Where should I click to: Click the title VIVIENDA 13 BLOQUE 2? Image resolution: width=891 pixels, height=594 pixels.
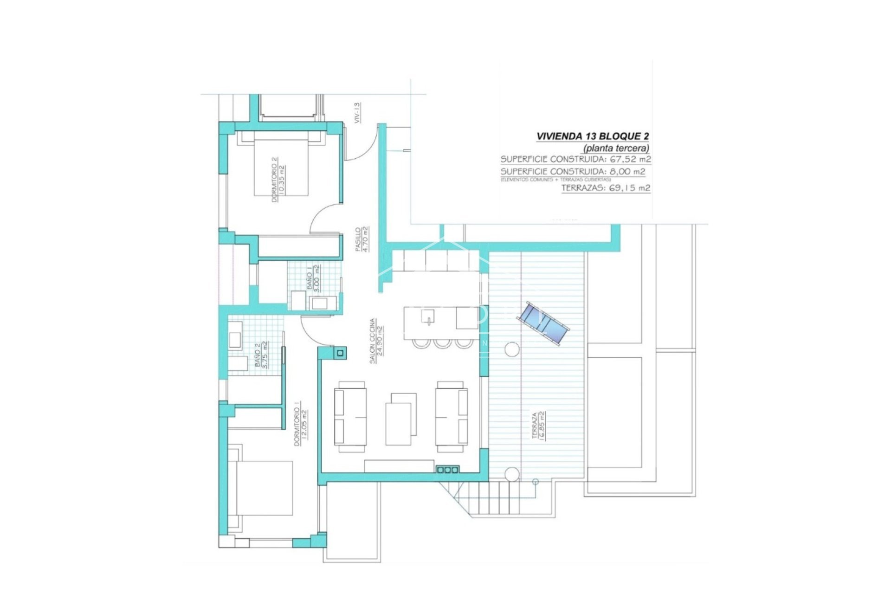[x=593, y=136]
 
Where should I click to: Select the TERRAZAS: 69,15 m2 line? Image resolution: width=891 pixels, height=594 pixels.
[x=606, y=188]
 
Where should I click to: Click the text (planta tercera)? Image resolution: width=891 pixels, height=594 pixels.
[x=616, y=148]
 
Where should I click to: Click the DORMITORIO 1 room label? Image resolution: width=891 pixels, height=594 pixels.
[x=301, y=424]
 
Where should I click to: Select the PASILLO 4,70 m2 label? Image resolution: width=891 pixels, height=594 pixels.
[x=361, y=239]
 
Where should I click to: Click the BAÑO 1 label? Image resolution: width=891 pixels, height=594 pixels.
[x=313, y=278]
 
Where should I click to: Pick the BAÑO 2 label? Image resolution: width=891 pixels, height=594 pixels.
[x=261, y=355]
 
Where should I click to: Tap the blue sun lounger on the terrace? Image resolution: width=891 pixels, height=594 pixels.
[x=544, y=323]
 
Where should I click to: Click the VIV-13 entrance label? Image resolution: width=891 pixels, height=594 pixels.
[x=357, y=113]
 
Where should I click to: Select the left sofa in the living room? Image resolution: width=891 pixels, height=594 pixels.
[x=350, y=416]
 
